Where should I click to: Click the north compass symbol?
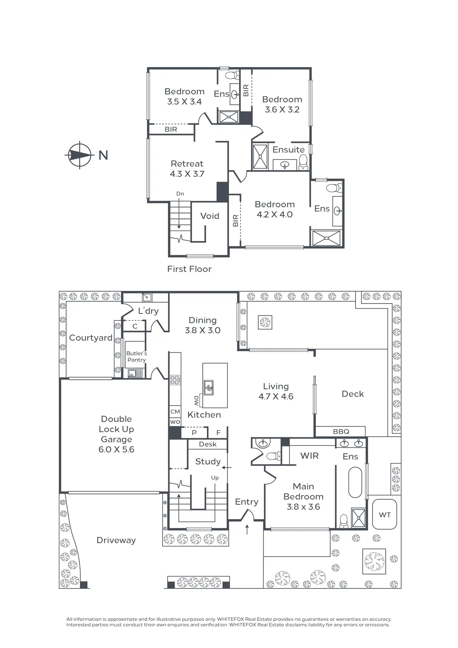[x=80, y=155]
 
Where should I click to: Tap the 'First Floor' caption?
[x=189, y=269]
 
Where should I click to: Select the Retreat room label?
[x=187, y=164]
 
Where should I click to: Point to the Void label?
[x=210, y=216]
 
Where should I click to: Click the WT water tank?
[x=385, y=515]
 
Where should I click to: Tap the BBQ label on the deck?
[x=341, y=432]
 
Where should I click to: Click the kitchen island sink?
[x=208, y=387]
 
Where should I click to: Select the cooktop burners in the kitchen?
[x=175, y=380]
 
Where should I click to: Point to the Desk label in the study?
[x=208, y=444]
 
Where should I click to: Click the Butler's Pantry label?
[x=137, y=357]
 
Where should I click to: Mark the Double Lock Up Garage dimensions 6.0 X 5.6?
[x=116, y=449]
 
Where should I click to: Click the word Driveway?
[x=116, y=540]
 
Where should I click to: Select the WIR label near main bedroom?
[x=309, y=456]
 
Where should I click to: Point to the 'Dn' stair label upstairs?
[x=180, y=194]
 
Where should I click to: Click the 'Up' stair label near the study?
[x=215, y=478]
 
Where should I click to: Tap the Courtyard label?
[x=91, y=338]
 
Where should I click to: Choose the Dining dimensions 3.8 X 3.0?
[x=203, y=330]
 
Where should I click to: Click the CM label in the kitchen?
[x=175, y=412]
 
